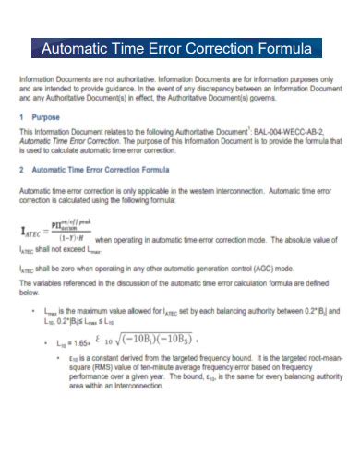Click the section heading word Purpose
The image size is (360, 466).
pos(47,117)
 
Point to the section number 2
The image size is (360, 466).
pos(21,171)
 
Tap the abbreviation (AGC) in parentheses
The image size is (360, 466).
pos(251,269)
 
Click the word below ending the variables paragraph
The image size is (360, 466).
pos(30,293)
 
